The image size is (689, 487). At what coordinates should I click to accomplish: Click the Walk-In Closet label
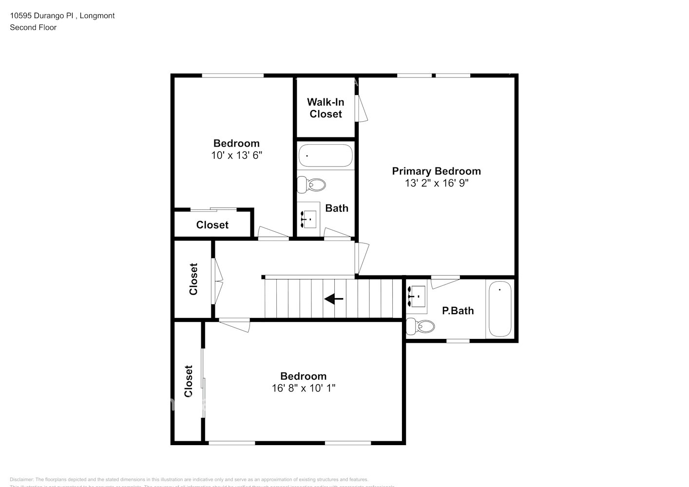coord(325,108)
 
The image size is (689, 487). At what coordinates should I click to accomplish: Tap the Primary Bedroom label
coord(436,171)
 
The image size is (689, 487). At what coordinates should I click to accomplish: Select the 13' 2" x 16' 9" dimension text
coord(436,183)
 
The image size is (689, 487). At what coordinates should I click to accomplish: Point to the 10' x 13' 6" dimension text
coord(236,155)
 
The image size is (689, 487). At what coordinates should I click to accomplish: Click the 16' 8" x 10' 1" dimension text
coord(303,388)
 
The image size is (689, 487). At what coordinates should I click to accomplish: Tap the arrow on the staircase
coord(334,299)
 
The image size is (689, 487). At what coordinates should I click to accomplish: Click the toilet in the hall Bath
coord(312,185)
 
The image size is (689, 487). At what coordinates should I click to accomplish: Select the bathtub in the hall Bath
coord(325,155)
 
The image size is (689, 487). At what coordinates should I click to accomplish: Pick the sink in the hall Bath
coord(308,219)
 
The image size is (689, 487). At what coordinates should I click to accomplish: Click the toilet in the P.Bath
coord(421,326)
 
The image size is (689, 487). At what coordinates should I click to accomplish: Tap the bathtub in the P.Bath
coord(499,308)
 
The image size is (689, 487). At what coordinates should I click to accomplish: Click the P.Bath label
coord(458,311)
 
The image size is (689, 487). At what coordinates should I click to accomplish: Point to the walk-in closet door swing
coord(362,108)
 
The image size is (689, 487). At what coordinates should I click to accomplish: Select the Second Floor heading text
coord(33,27)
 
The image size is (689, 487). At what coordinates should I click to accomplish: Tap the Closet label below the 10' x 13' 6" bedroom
coord(212,225)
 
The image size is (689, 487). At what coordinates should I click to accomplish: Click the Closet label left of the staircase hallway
coord(193,279)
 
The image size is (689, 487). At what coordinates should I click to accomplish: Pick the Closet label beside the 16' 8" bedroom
coord(189,381)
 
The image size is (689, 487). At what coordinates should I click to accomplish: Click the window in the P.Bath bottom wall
coord(458,341)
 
